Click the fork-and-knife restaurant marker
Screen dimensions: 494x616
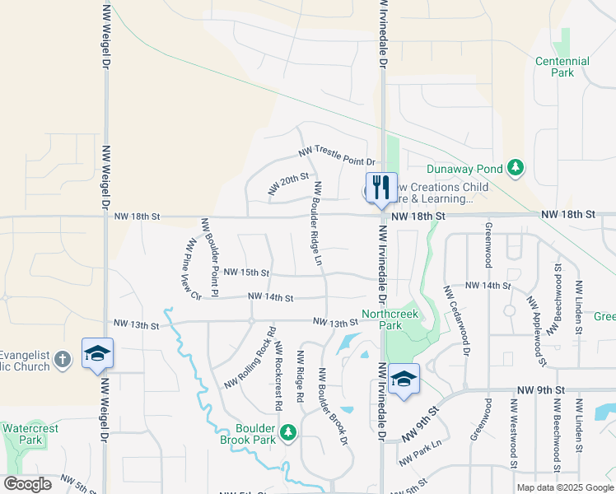(380, 188)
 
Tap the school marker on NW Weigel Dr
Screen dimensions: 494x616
(97, 353)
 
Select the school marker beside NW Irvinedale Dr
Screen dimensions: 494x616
(404, 379)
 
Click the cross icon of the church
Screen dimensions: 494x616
(63, 358)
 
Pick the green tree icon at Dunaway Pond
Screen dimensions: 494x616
(516, 169)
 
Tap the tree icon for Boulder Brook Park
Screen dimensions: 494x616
(287, 431)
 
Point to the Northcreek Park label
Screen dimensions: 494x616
(390, 319)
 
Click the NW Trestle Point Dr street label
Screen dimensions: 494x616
(336, 156)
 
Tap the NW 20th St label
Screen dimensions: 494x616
(288, 184)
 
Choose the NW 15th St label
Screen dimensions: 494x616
(246, 272)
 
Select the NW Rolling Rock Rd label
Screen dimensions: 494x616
(249, 359)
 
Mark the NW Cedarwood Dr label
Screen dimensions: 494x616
(456, 321)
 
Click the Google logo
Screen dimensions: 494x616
(27, 484)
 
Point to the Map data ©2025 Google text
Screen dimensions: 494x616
(565, 487)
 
